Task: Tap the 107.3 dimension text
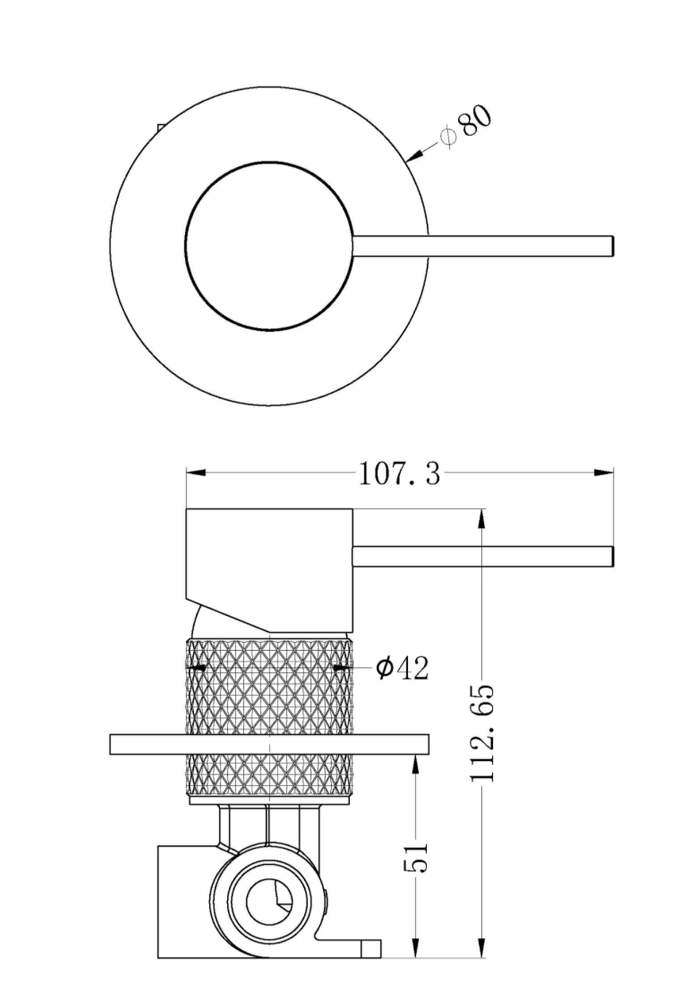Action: pyautogui.click(x=399, y=473)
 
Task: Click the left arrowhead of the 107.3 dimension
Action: pyautogui.click(x=196, y=473)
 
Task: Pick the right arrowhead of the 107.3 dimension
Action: pyautogui.click(x=603, y=473)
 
